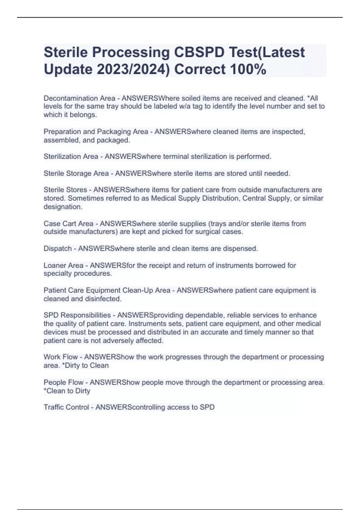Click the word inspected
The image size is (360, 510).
pos(288,132)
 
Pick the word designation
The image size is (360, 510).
pos(63,207)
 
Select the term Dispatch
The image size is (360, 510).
pos(58,248)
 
